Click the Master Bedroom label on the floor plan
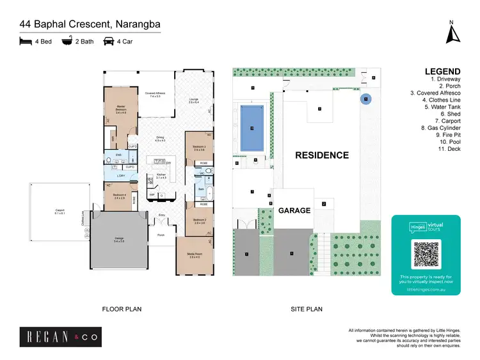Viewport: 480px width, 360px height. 120,109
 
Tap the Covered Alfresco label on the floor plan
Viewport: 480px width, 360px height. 155,95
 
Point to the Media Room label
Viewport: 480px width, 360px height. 195,256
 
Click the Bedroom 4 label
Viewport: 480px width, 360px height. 119,196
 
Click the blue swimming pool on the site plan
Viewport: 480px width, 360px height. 253,129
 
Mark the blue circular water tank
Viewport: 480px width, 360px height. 365,99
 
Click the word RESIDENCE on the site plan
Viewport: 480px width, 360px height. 321,155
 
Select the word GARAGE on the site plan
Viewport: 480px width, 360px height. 294,210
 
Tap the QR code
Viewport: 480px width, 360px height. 426,254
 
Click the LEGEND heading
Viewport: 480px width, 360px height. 442,72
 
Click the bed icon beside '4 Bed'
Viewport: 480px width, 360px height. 26,42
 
